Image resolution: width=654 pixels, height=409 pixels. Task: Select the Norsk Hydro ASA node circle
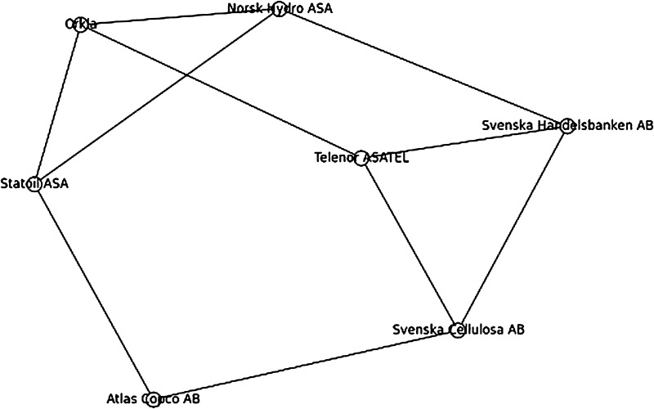(x=280, y=11)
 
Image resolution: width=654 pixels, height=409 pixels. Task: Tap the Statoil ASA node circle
(x=34, y=182)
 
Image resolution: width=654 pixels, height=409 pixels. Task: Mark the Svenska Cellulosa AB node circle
(x=458, y=329)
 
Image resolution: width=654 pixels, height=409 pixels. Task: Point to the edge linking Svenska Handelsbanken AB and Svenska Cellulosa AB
(x=512, y=228)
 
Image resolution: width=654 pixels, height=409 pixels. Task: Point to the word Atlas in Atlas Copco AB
(x=123, y=399)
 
